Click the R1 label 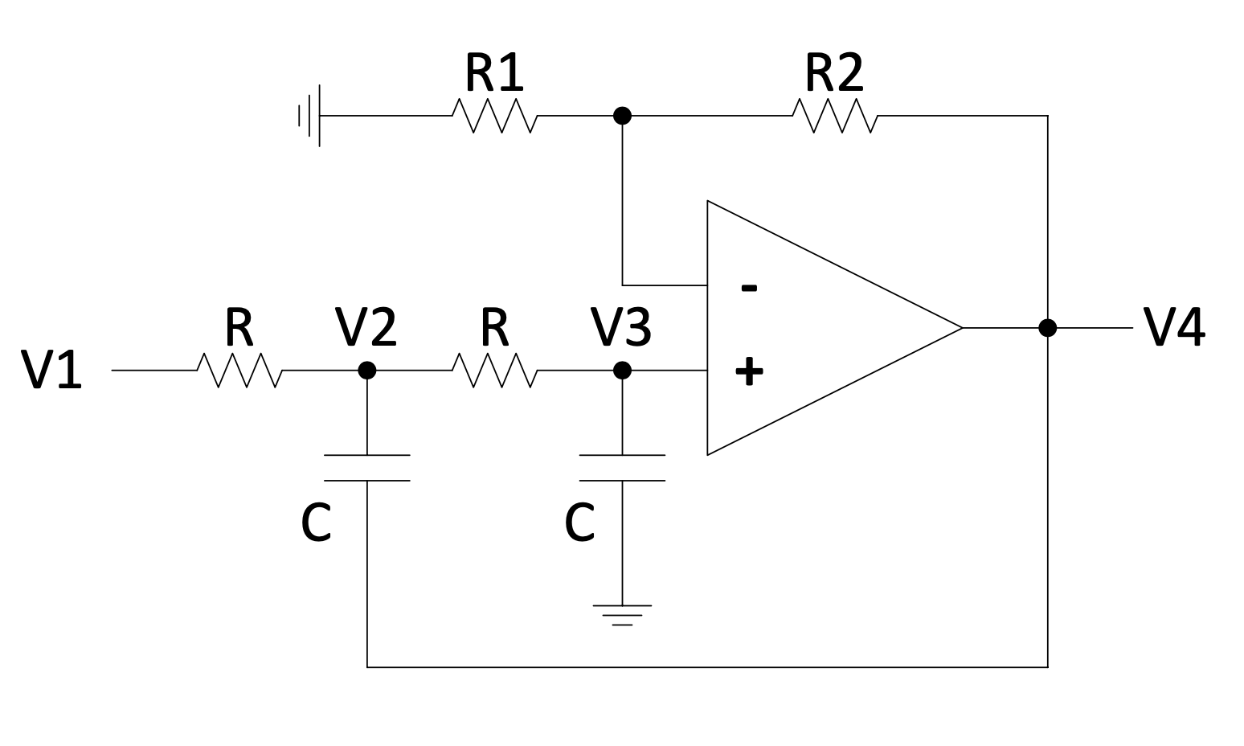click(494, 73)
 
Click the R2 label click(834, 73)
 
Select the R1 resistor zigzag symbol click(494, 116)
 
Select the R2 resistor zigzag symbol click(835, 116)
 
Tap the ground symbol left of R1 click(310, 116)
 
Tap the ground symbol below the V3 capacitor click(622, 614)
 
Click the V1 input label click(51, 371)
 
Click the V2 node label click(366, 327)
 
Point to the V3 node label click(620, 327)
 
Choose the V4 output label click(1174, 328)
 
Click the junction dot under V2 click(367, 370)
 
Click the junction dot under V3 click(622, 370)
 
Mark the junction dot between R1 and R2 click(622, 116)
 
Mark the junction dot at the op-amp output click(1047, 328)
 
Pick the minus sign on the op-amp click(749, 288)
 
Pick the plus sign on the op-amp click(749, 371)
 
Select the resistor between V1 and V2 click(239, 370)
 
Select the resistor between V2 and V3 click(494, 370)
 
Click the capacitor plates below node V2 click(367, 468)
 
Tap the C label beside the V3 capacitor click(580, 523)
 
